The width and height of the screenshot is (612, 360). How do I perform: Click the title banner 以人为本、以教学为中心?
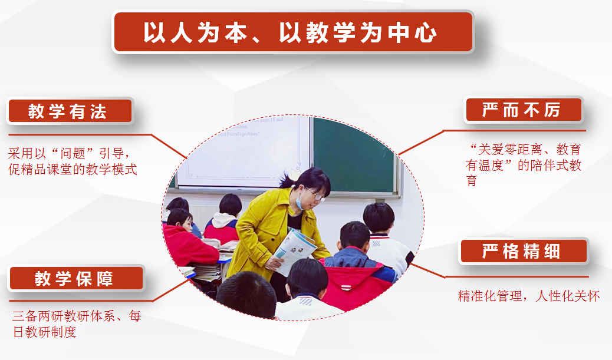[x=293, y=32]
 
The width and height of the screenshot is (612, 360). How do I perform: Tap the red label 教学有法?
[x=70, y=111]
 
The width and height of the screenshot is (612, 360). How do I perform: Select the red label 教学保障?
[x=76, y=278]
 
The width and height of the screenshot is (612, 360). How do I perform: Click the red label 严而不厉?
[x=524, y=110]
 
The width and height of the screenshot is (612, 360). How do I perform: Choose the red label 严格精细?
[x=524, y=251]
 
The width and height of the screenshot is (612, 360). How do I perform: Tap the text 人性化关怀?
[x=568, y=296]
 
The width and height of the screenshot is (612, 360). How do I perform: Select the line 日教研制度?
[x=44, y=332]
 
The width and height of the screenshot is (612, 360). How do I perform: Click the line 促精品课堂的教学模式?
[x=73, y=169]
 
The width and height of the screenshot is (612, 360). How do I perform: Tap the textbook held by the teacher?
[x=294, y=250]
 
